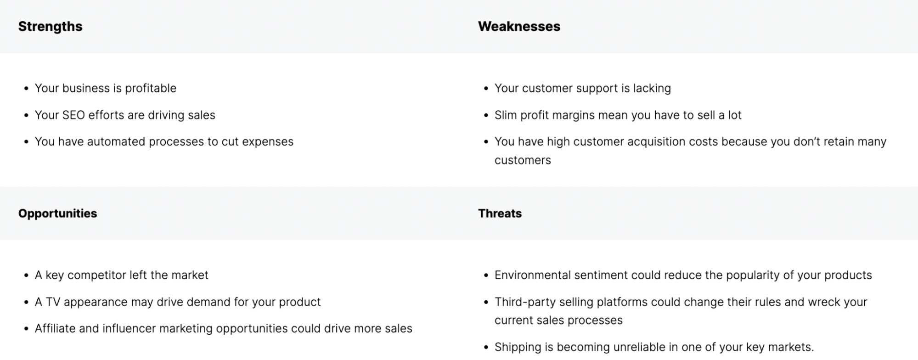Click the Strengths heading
coord(51,27)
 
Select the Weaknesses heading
coord(519,27)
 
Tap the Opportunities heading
coord(57,214)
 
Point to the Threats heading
coord(500,214)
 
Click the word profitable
coord(151,88)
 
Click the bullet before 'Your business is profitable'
coord(26,89)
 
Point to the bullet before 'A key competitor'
coord(26,276)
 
